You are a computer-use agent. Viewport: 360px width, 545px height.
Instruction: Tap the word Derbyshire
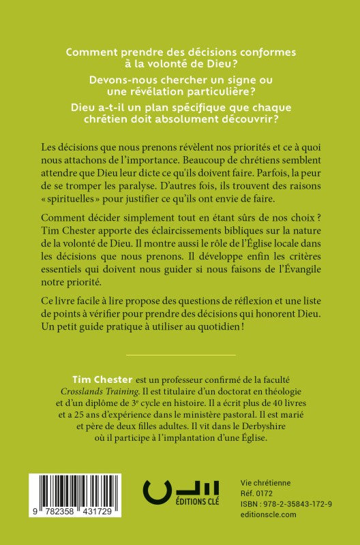point(267,426)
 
